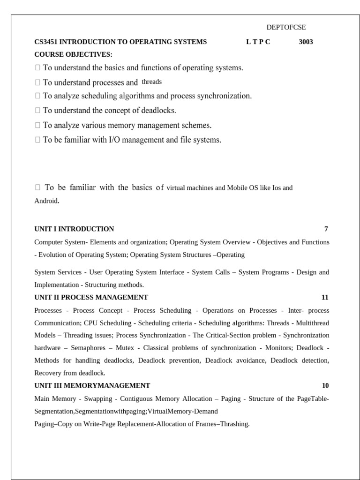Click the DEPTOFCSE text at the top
pos(286,28)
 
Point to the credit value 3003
pos(306,42)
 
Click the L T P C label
pos(258,42)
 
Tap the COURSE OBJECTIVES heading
pos(73,54)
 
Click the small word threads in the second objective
pos(151,82)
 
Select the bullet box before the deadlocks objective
pos(37,111)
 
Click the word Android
pos(46,201)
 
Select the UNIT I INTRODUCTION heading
pos(74,229)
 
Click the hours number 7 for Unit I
pos(326,229)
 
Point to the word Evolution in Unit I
pos(52,255)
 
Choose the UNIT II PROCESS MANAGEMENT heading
pos(91,297)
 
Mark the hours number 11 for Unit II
pos(325,297)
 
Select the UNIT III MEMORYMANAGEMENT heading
pos(92,386)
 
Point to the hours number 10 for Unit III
pos(325,386)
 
